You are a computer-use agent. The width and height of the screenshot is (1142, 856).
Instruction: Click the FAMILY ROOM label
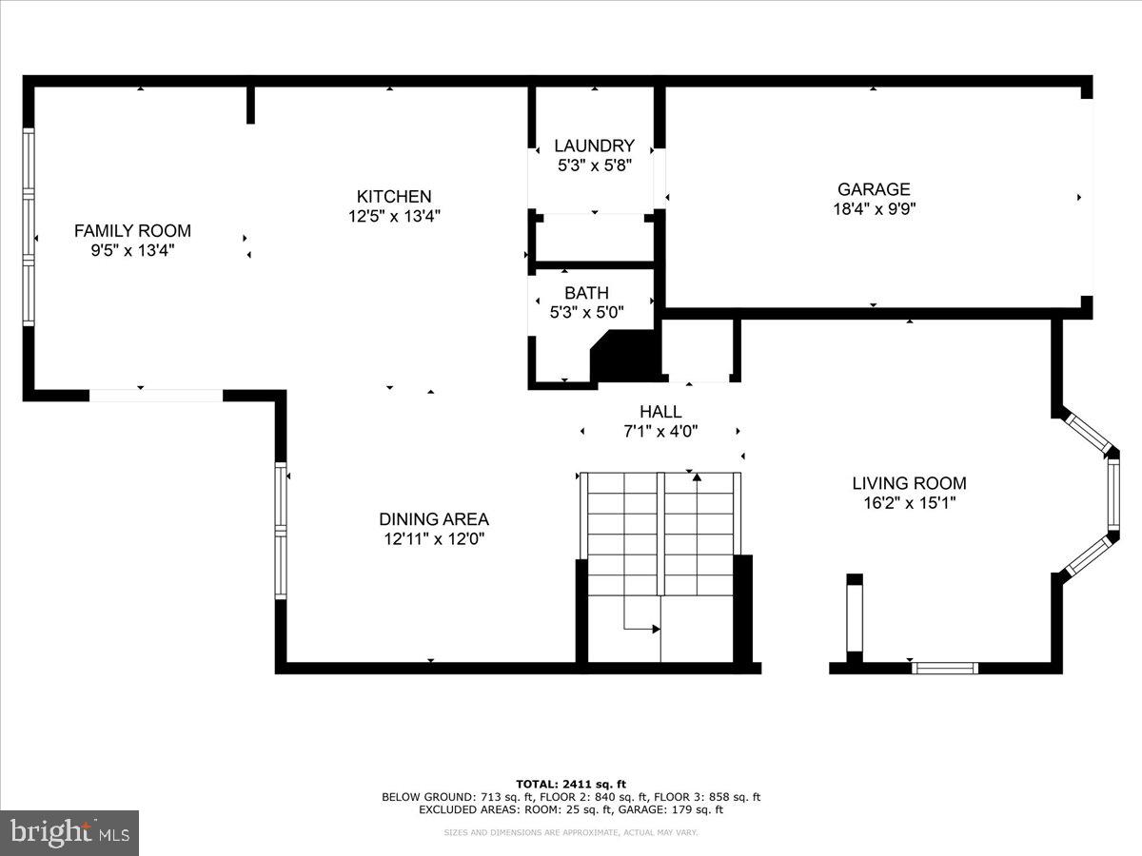[x=132, y=230]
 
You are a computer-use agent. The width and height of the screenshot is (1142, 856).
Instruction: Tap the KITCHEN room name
[x=394, y=196]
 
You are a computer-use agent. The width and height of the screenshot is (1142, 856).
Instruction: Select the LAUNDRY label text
[x=594, y=146]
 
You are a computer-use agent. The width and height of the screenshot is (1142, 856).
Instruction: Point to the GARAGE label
[x=874, y=189]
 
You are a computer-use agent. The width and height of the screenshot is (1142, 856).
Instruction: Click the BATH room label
[x=586, y=293]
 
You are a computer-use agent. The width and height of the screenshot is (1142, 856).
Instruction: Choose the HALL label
[x=660, y=412]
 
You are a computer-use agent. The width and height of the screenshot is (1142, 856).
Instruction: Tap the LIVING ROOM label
[x=909, y=483]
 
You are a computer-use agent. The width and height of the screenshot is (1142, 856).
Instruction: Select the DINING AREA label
[x=434, y=519]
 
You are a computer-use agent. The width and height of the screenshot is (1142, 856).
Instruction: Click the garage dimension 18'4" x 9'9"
[x=874, y=208]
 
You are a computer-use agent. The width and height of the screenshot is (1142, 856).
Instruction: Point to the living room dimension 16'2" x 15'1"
[x=909, y=502]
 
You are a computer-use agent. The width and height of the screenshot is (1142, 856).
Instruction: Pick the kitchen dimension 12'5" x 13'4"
[x=394, y=216]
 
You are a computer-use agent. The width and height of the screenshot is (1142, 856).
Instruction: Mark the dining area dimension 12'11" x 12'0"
[x=434, y=539]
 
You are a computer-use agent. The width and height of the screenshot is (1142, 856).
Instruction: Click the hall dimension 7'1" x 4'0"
[x=660, y=431]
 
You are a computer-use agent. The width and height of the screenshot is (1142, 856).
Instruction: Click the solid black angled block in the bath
[x=623, y=358]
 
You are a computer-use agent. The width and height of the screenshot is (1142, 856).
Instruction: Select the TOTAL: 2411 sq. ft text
[x=571, y=784]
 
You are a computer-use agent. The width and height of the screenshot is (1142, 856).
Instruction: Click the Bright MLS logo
[x=69, y=833]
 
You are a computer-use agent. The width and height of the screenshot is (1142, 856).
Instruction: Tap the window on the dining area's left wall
[x=281, y=530]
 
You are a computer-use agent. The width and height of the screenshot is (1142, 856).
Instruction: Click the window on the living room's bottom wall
[x=945, y=668]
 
